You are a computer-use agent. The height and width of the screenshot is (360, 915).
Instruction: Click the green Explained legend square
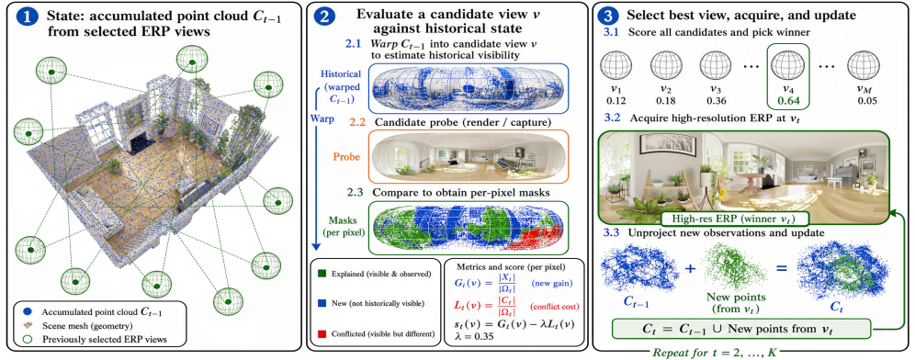coord(323,273)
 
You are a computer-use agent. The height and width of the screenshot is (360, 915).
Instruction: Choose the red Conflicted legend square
coord(323,333)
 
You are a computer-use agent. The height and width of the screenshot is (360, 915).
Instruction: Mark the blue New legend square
coord(323,303)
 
